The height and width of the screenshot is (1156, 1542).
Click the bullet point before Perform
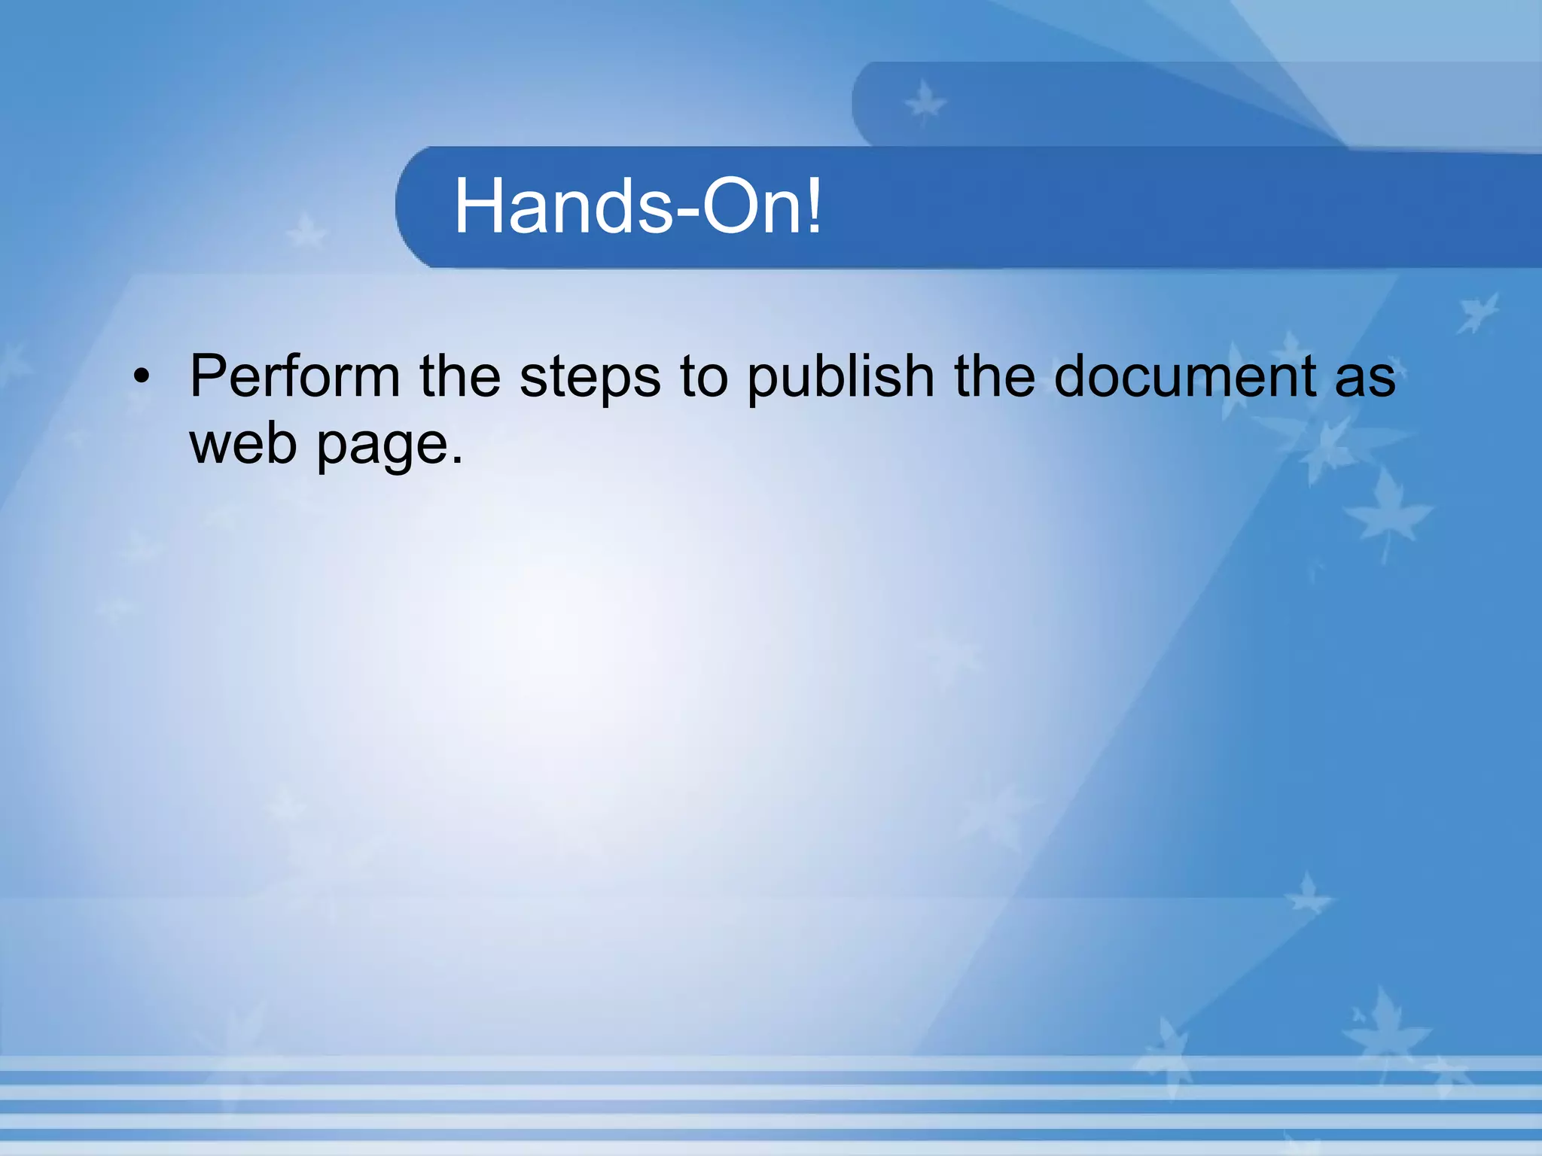pyautogui.click(x=141, y=377)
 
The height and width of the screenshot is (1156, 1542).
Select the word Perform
pyautogui.click(x=294, y=376)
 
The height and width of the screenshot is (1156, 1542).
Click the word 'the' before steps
pyautogui.click(x=460, y=376)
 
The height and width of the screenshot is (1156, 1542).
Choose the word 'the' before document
pyautogui.click(x=995, y=376)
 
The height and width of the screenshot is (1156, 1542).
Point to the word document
pyautogui.click(x=1185, y=376)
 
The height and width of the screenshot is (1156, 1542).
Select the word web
pyautogui.click(x=243, y=443)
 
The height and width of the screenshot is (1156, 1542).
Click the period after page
pyautogui.click(x=456, y=459)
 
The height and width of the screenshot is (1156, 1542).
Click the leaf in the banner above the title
pyautogui.click(x=925, y=103)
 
